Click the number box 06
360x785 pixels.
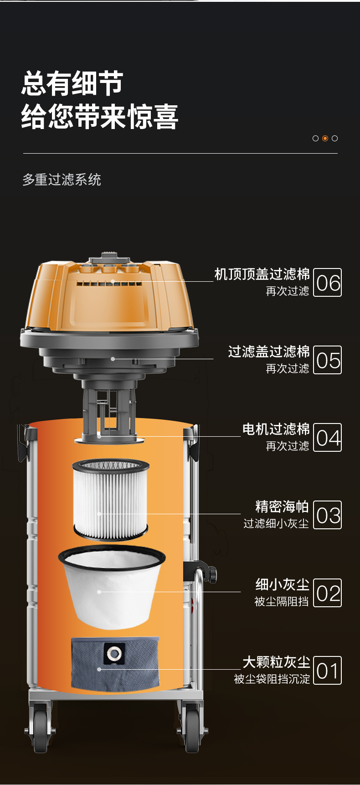point(328,283)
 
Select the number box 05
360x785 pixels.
point(328,360)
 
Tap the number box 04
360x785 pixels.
point(328,438)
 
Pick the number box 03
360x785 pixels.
point(328,515)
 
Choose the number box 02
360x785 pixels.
point(328,593)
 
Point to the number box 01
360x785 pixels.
point(328,671)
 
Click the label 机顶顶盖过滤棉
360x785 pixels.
point(262,274)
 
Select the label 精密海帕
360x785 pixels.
point(283,506)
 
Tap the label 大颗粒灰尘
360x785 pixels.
point(276,662)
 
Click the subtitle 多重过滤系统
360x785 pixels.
point(62,180)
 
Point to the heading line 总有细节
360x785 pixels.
point(72,83)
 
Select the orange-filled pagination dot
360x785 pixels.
point(325,138)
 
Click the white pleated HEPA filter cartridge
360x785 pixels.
point(111,499)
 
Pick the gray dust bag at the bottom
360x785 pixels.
point(115,663)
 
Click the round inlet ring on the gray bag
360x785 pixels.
point(113,654)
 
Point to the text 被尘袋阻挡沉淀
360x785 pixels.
point(272,679)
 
